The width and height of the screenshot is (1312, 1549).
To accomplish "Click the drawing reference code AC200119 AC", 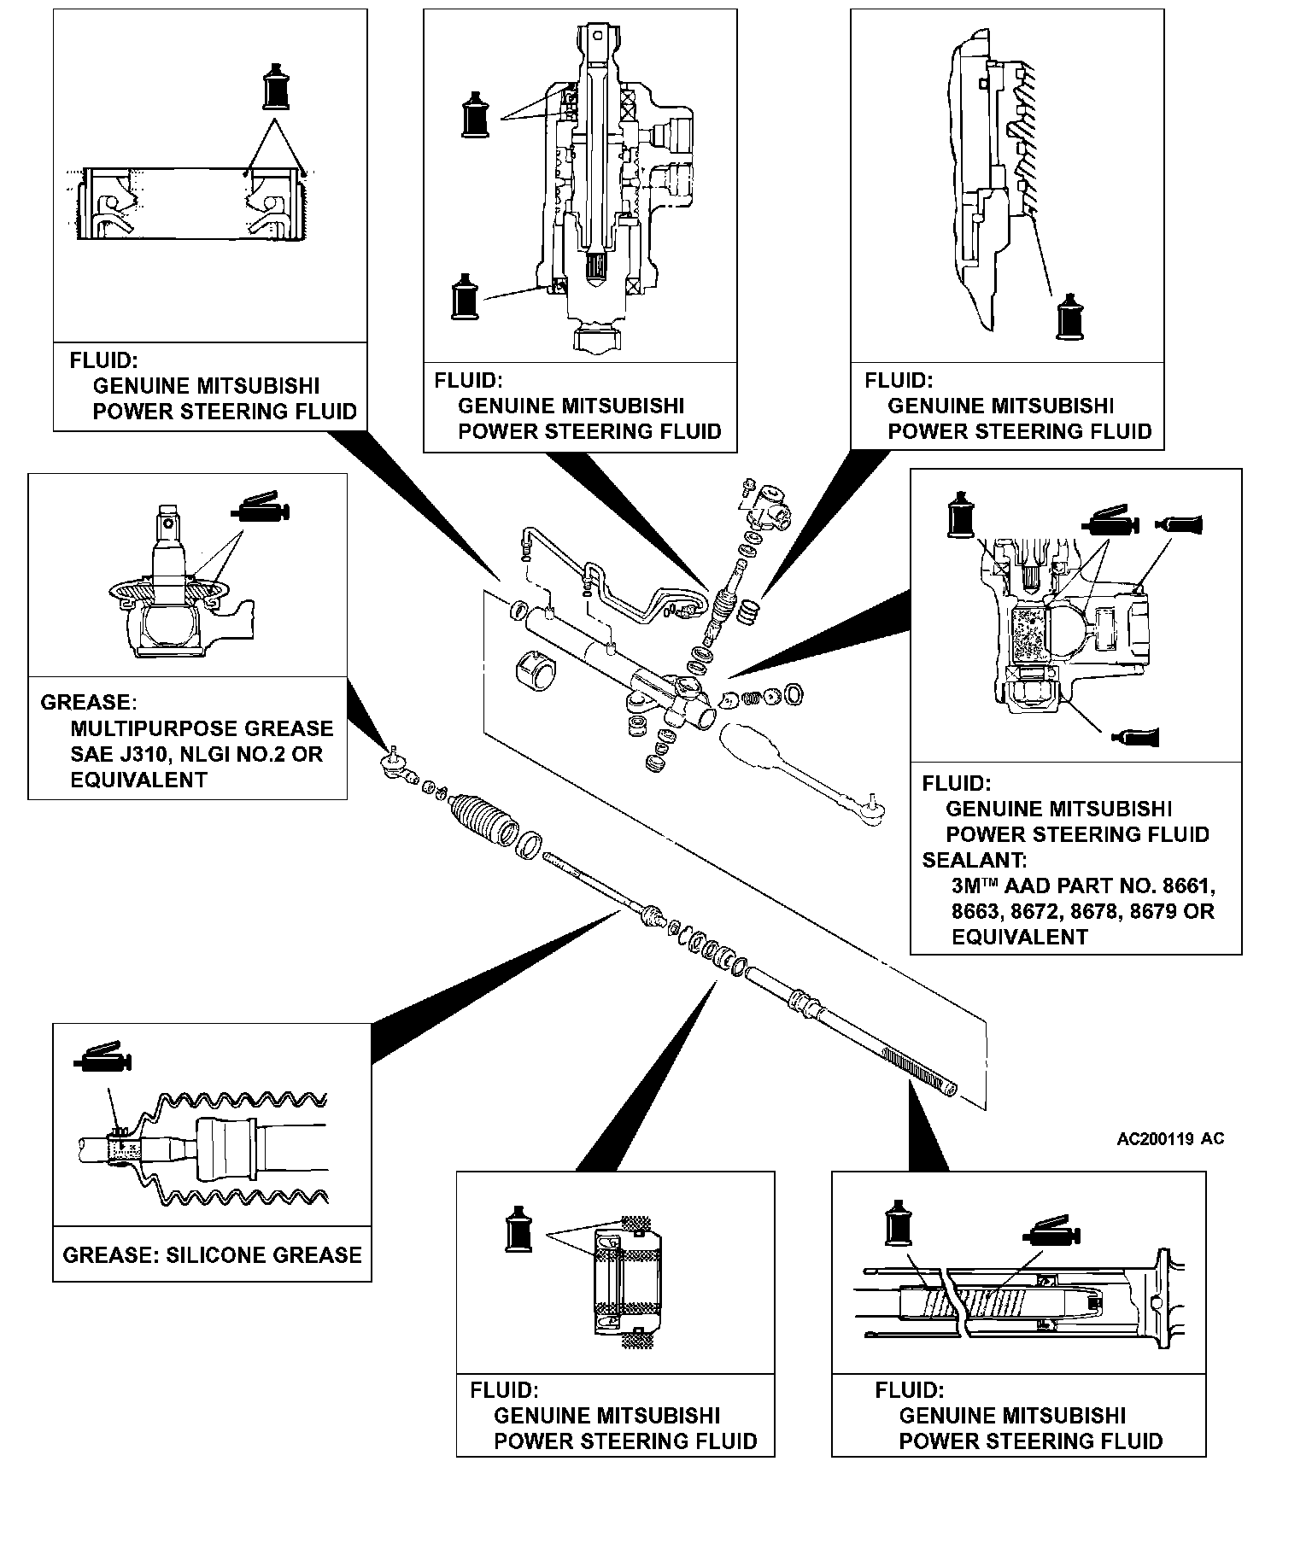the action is (x=1170, y=1139).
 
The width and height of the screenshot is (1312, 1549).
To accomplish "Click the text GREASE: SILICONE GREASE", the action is (x=213, y=1254).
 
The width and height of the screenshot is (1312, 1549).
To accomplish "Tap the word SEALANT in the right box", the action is (x=975, y=860).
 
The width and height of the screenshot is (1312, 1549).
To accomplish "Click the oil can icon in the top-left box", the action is (x=274, y=86).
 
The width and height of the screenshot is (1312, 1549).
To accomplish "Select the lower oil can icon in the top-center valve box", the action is (x=465, y=296).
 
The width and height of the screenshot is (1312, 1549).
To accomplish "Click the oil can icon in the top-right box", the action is (x=1069, y=317).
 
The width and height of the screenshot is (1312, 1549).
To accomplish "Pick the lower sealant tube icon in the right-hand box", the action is (x=1135, y=735).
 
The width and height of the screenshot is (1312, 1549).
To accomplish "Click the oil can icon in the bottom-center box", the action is (x=518, y=1230).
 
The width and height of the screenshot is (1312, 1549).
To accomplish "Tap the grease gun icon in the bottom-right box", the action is (x=1051, y=1230).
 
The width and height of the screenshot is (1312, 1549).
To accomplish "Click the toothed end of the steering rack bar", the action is (x=918, y=1072).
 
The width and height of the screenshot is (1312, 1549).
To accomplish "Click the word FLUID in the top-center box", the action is (x=468, y=380).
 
